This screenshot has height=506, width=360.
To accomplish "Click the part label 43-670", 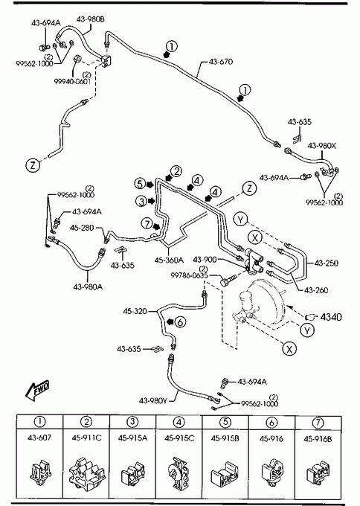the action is (x=221, y=61).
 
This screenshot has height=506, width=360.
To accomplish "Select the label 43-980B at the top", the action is (x=91, y=19).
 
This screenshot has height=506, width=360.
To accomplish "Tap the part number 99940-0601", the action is (x=72, y=81).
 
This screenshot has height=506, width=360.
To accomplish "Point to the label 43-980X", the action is (x=322, y=146).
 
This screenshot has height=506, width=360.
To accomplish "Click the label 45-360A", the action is (x=169, y=260).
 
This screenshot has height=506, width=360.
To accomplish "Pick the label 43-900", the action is (x=205, y=260).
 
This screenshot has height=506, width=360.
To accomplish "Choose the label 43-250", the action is (x=327, y=263).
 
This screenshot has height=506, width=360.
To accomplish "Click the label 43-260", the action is (x=316, y=290).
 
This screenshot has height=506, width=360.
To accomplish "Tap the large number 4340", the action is (x=331, y=317).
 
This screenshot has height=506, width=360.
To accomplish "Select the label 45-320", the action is (x=135, y=311).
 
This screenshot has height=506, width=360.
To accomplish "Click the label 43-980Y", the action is (x=153, y=401).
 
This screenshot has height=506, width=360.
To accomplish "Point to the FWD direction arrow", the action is (x=37, y=390).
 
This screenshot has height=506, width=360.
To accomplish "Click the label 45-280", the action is (x=82, y=228).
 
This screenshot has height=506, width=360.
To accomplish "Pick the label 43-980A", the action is (x=88, y=286).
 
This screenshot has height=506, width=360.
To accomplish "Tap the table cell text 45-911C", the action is (x=86, y=438).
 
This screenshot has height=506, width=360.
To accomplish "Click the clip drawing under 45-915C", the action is (x=179, y=472).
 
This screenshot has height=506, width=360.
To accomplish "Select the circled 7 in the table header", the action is (x=318, y=423).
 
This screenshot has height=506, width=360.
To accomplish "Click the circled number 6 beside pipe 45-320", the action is (x=180, y=321).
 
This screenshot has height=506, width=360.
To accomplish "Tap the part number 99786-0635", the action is (x=190, y=275).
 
